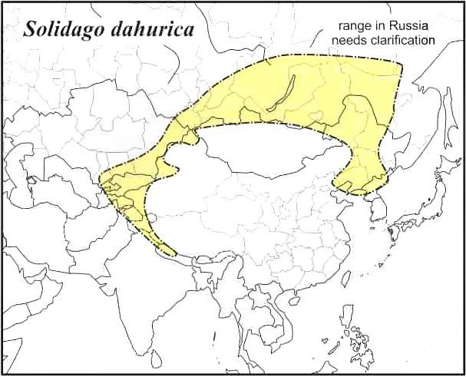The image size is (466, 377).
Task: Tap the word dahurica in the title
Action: [x=154, y=30]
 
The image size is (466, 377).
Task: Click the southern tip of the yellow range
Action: [x=173, y=256]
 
